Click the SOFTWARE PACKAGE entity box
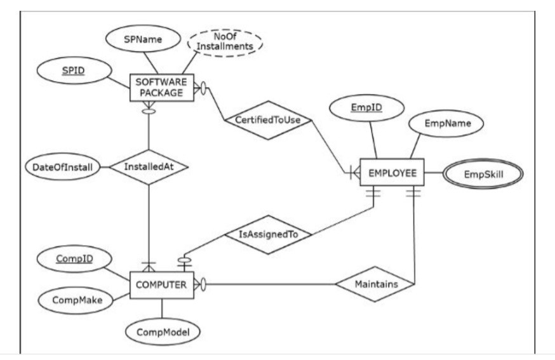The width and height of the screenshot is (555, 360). (159, 88)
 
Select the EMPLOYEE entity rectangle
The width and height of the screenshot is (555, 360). (392, 171)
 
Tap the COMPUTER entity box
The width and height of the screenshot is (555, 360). (161, 285)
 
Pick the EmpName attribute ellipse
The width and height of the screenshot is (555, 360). (440, 124)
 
